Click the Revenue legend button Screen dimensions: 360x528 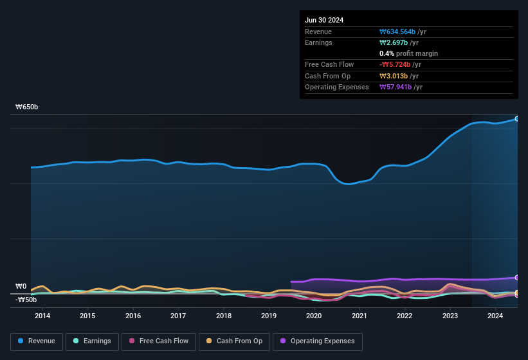(36, 341)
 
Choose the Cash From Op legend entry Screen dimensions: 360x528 (235, 341)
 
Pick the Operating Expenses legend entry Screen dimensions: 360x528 (317, 341)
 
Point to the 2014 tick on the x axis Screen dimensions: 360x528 (42, 316)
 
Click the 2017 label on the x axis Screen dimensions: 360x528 (178, 316)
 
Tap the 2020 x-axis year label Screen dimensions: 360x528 (314, 316)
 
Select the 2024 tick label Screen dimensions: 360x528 (495, 316)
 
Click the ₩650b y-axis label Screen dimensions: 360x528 (27, 107)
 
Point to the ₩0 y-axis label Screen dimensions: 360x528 (21, 286)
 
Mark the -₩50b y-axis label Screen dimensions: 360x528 (26, 300)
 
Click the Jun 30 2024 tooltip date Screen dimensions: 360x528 (324, 20)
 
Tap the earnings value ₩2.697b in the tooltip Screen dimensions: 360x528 (394, 42)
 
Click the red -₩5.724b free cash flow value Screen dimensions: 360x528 (395, 64)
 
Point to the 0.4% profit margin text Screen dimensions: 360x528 (408, 53)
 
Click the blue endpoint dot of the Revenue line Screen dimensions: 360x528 (517, 119)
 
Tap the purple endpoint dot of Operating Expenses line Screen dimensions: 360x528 (517, 278)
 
